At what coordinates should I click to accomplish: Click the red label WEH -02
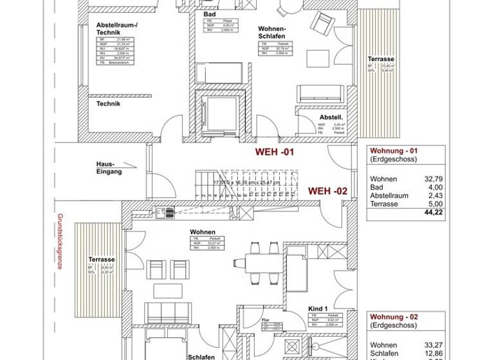pos(328,191)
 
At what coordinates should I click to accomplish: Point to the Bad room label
pos(209,14)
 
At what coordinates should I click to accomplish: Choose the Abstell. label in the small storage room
pos(331,118)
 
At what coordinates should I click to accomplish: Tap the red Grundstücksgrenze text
pos(60,243)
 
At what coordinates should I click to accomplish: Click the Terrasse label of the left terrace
pos(102,260)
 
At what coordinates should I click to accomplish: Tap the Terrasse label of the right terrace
pos(381,59)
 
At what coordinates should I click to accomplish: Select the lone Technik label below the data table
pos(108,103)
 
